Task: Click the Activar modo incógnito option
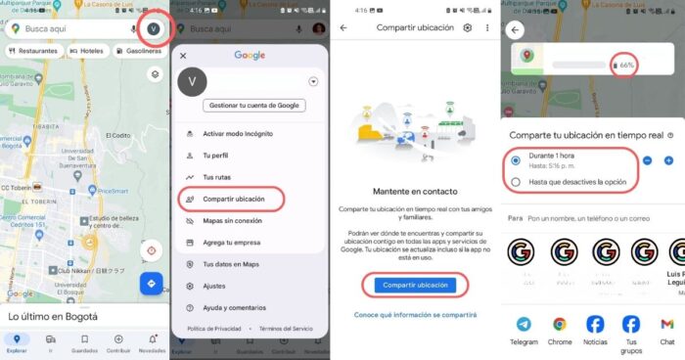237,133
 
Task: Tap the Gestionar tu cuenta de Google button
254,105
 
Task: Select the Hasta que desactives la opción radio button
516,182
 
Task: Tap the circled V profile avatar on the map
153,28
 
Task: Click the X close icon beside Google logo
183,56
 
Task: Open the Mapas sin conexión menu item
231,220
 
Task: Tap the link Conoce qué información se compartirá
416,315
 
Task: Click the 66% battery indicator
622,65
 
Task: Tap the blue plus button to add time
668,159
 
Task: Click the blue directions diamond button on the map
152,284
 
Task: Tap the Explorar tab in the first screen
16,341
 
